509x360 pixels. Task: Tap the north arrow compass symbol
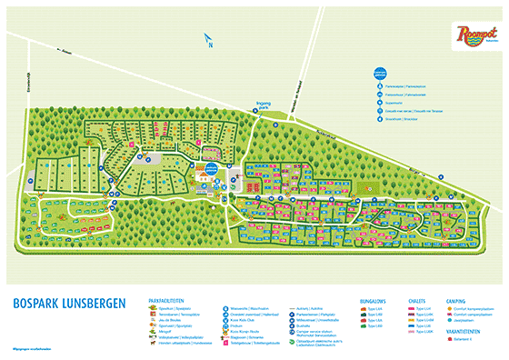(x=208, y=42)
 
